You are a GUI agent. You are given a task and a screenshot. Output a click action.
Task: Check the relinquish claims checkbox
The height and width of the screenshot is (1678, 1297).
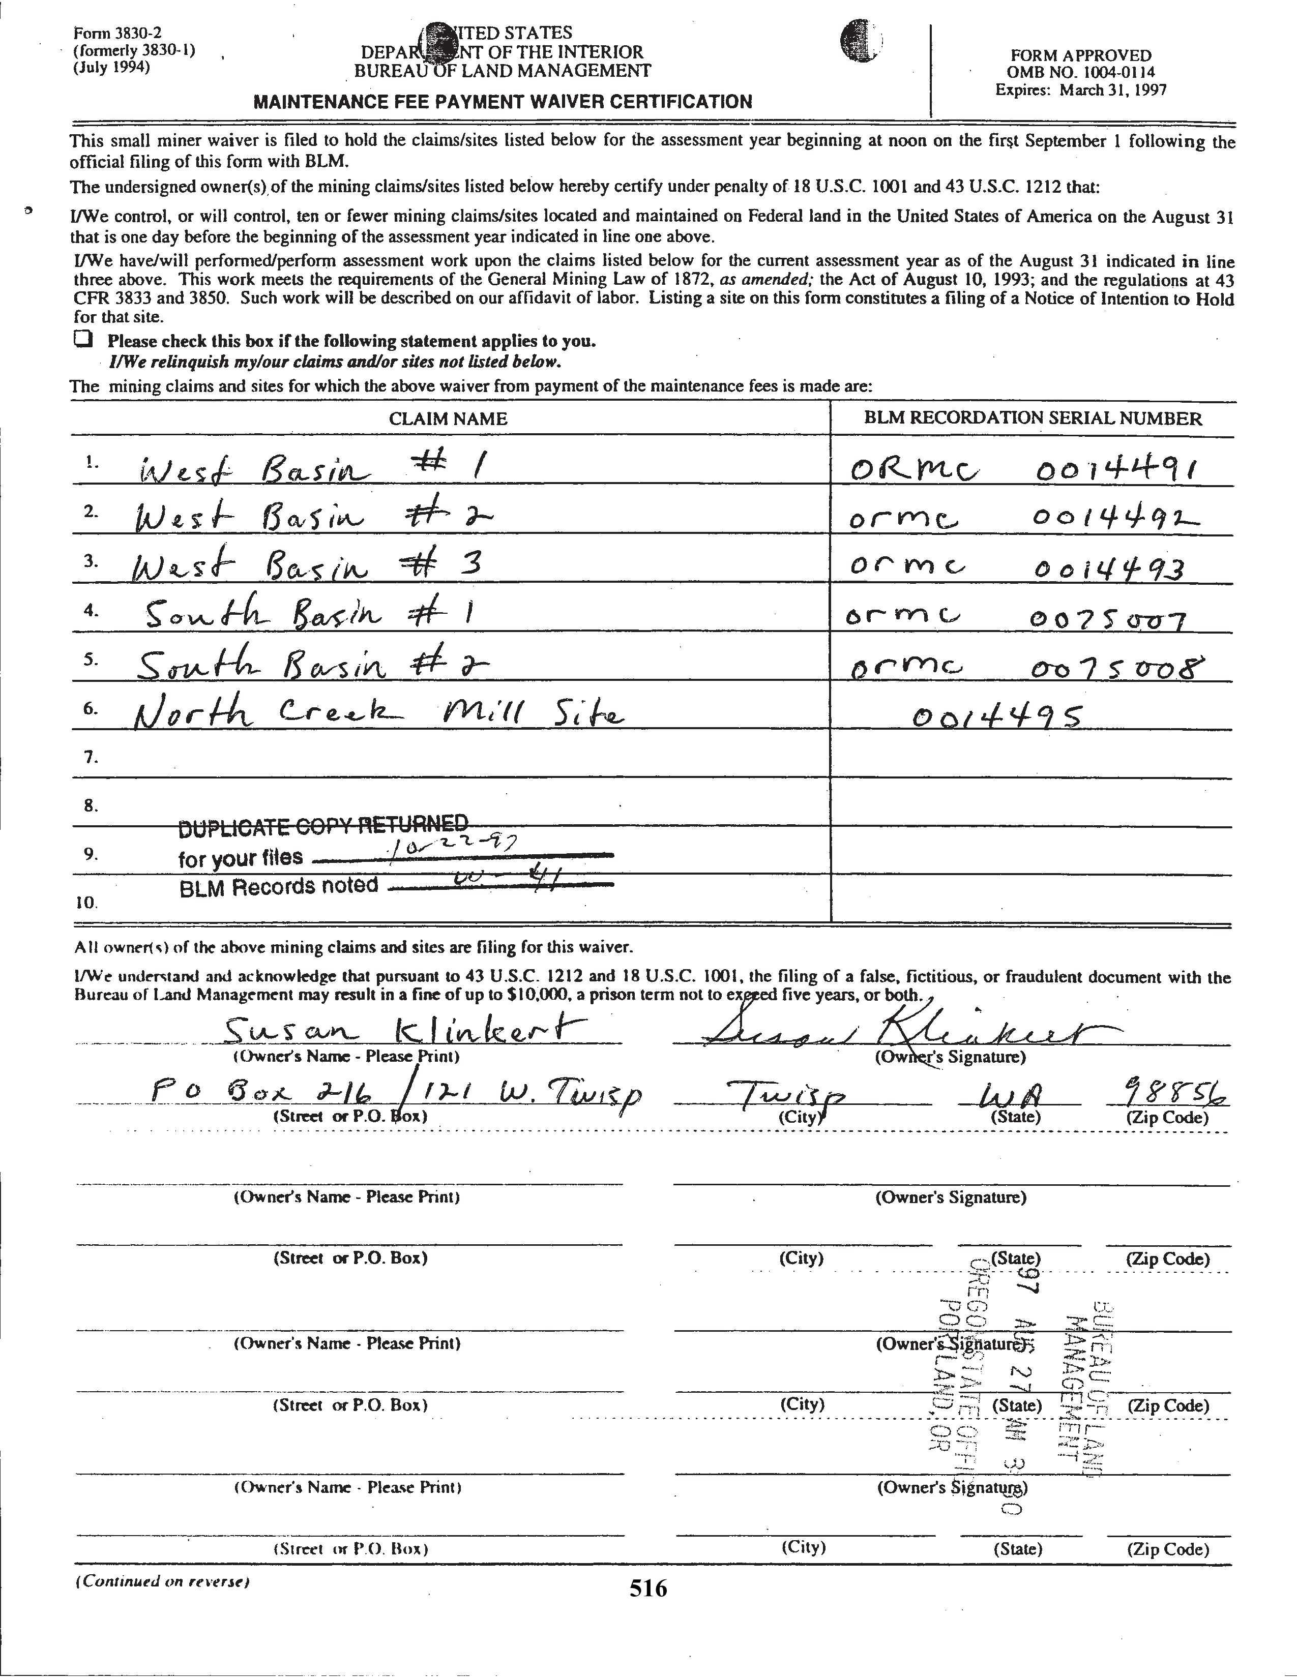(x=83, y=339)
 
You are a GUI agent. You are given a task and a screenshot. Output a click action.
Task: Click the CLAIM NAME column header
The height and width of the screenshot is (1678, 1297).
(x=448, y=418)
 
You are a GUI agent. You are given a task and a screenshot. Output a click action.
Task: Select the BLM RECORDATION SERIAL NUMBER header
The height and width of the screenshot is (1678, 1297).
(x=1033, y=418)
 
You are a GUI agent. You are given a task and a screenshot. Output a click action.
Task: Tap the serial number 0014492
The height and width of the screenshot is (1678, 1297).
(x=1112, y=519)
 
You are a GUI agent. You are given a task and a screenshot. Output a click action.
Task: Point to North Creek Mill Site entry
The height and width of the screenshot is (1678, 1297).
(x=378, y=715)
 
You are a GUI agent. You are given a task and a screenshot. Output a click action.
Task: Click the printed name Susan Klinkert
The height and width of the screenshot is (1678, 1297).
(x=404, y=1029)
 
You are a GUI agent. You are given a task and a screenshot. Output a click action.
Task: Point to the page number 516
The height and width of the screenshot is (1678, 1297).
(x=647, y=1588)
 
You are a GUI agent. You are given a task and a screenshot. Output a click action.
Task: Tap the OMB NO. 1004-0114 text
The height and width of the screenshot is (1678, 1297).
(x=1080, y=73)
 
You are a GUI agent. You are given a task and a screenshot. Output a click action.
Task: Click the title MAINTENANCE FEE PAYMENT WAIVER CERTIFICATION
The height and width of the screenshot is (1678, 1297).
(x=503, y=101)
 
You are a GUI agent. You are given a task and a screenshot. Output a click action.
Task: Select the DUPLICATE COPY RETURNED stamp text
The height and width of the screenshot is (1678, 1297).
(x=322, y=826)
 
